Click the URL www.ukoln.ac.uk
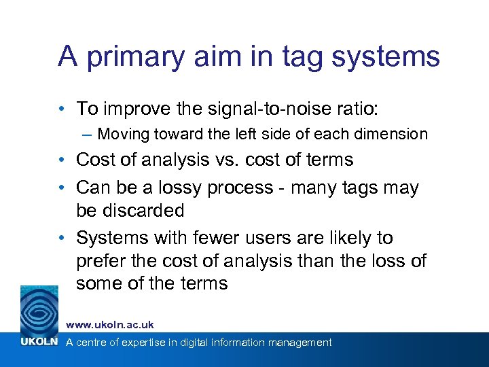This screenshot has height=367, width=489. tap(109, 325)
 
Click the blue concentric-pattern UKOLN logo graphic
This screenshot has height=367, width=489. tap(39, 310)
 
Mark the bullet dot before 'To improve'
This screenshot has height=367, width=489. tap(62, 109)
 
